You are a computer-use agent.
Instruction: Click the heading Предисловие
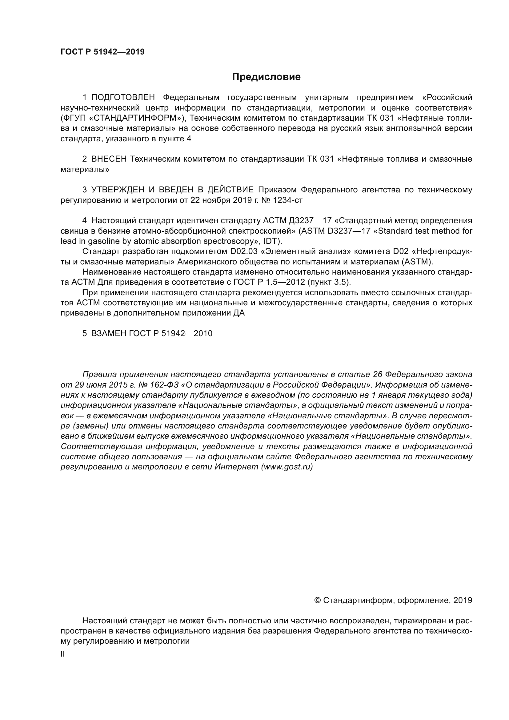tap(266, 77)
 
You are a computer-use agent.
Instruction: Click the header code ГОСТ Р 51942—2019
tap(102, 52)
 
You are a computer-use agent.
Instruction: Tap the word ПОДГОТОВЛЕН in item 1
tap(123, 98)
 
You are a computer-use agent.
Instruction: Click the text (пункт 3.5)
tap(329, 282)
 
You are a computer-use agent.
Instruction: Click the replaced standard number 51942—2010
tap(187, 334)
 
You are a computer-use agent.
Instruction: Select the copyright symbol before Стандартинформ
tap(317, 601)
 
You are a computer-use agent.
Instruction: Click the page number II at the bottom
tap(63, 654)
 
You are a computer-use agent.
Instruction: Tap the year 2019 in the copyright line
tap(463, 601)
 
